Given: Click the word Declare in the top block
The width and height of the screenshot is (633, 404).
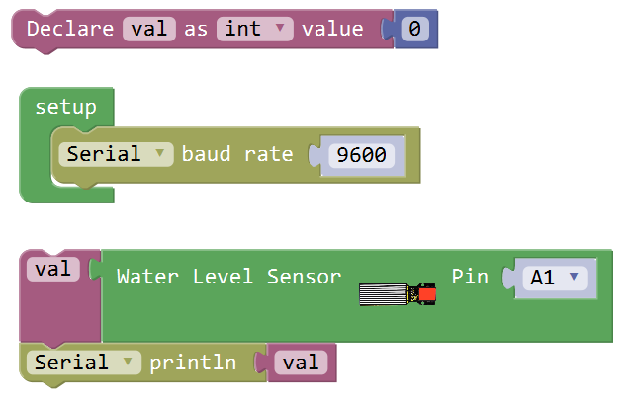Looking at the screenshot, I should point(70,29).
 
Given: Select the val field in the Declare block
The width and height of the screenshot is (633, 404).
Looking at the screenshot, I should point(149,29).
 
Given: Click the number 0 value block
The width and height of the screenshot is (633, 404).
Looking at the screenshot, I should point(415,30).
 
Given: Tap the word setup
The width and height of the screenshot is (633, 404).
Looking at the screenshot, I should point(65,107).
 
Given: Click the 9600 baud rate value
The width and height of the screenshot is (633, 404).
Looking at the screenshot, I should point(361,155).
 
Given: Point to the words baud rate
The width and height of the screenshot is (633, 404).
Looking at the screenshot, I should point(237,154).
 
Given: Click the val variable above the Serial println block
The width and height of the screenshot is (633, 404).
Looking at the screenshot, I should point(52,269).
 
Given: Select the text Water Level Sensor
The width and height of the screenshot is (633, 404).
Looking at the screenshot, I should point(228,277).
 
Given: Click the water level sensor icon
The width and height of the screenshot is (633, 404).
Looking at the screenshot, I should point(397,293).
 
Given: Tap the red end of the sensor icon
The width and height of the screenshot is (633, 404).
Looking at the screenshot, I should point(426,293).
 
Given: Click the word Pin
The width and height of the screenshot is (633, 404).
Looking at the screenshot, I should point(470,277).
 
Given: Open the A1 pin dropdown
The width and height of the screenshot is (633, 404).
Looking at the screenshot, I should point(555,278).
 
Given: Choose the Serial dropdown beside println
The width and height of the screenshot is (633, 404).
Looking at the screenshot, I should point(83,363).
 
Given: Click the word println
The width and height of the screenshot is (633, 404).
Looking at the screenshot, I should point(193,363).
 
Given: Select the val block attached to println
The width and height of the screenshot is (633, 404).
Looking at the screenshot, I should point(301,363).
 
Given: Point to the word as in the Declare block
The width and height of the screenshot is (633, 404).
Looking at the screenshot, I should point(196,29).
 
